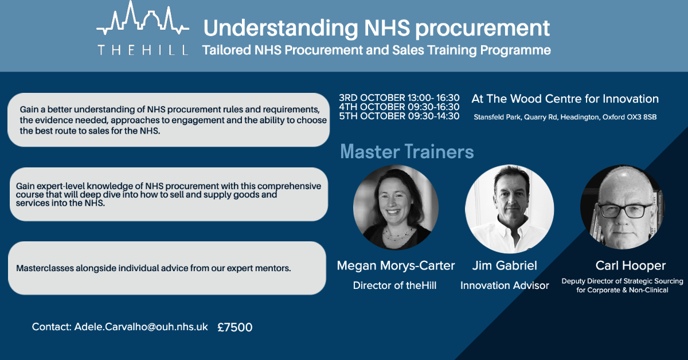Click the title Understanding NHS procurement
click(x=377, y=28)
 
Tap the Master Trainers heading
click(x=406, y=151)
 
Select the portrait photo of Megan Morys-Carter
click(x=396, y=207)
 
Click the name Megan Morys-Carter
click(x=396, y=265)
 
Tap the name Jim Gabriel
click(x=505, y=265)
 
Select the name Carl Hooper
click(x=622, y=265)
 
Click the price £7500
click(x=235, y=327)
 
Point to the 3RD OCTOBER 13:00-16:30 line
click(x=399, y=97)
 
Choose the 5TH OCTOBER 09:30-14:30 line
click(x=399, y=116)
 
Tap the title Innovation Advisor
click(x=505, y=285)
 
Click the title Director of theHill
click(x=394, y=285)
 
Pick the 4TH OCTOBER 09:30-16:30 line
click(x=399, y=107)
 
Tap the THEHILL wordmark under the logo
click(x=143, y=50)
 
